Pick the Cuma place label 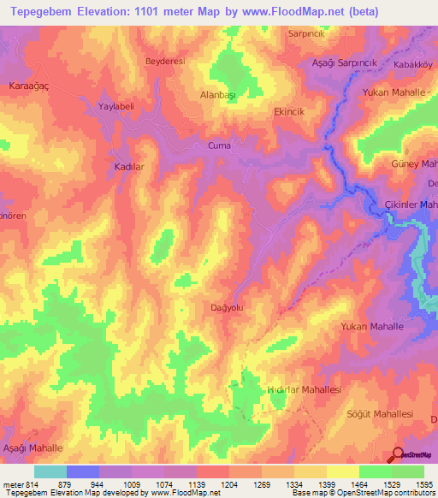point(220,146)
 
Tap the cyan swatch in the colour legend point(50,471)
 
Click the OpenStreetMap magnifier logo point(398,454)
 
